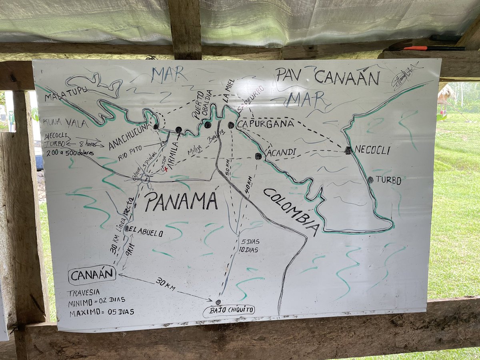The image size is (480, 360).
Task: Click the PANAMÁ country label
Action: point(181,201)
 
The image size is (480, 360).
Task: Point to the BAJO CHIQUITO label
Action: point(229,310)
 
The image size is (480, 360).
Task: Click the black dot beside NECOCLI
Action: point(348,150)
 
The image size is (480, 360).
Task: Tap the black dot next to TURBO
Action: point(370,180)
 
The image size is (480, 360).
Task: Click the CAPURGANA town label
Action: point(265,124)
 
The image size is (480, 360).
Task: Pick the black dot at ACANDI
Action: point(258,156)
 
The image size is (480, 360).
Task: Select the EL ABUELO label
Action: point(146,230)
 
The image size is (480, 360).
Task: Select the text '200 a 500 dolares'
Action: point(68,153)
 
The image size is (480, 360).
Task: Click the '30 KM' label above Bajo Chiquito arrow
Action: point(165,284)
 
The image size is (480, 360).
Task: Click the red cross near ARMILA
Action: point(166,170)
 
